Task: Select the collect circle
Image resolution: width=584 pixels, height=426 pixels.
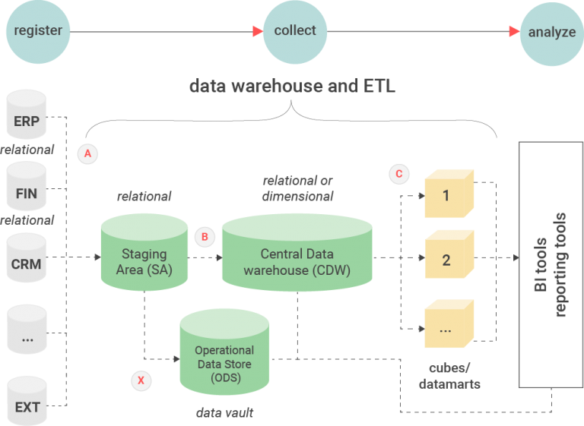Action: [x=294, y=31]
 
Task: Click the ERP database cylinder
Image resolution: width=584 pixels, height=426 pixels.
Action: [x=27, y=116]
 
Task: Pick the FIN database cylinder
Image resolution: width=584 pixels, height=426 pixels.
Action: [x=27, y=189]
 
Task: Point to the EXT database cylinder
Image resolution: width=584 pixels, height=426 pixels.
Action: [x=27, y=402]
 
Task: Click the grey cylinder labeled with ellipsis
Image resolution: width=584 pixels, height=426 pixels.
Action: [x=27, y=334]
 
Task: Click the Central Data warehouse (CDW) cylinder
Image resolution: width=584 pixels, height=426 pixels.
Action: [x=296, y=256]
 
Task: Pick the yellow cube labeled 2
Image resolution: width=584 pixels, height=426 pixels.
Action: [x=448, y=259]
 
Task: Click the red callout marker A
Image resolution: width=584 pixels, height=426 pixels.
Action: [x=87, y=153]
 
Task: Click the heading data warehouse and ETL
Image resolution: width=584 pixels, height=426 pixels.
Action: [x=292, y=86]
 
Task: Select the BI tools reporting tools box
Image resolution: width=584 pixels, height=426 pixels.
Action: [x=549, y=264]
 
